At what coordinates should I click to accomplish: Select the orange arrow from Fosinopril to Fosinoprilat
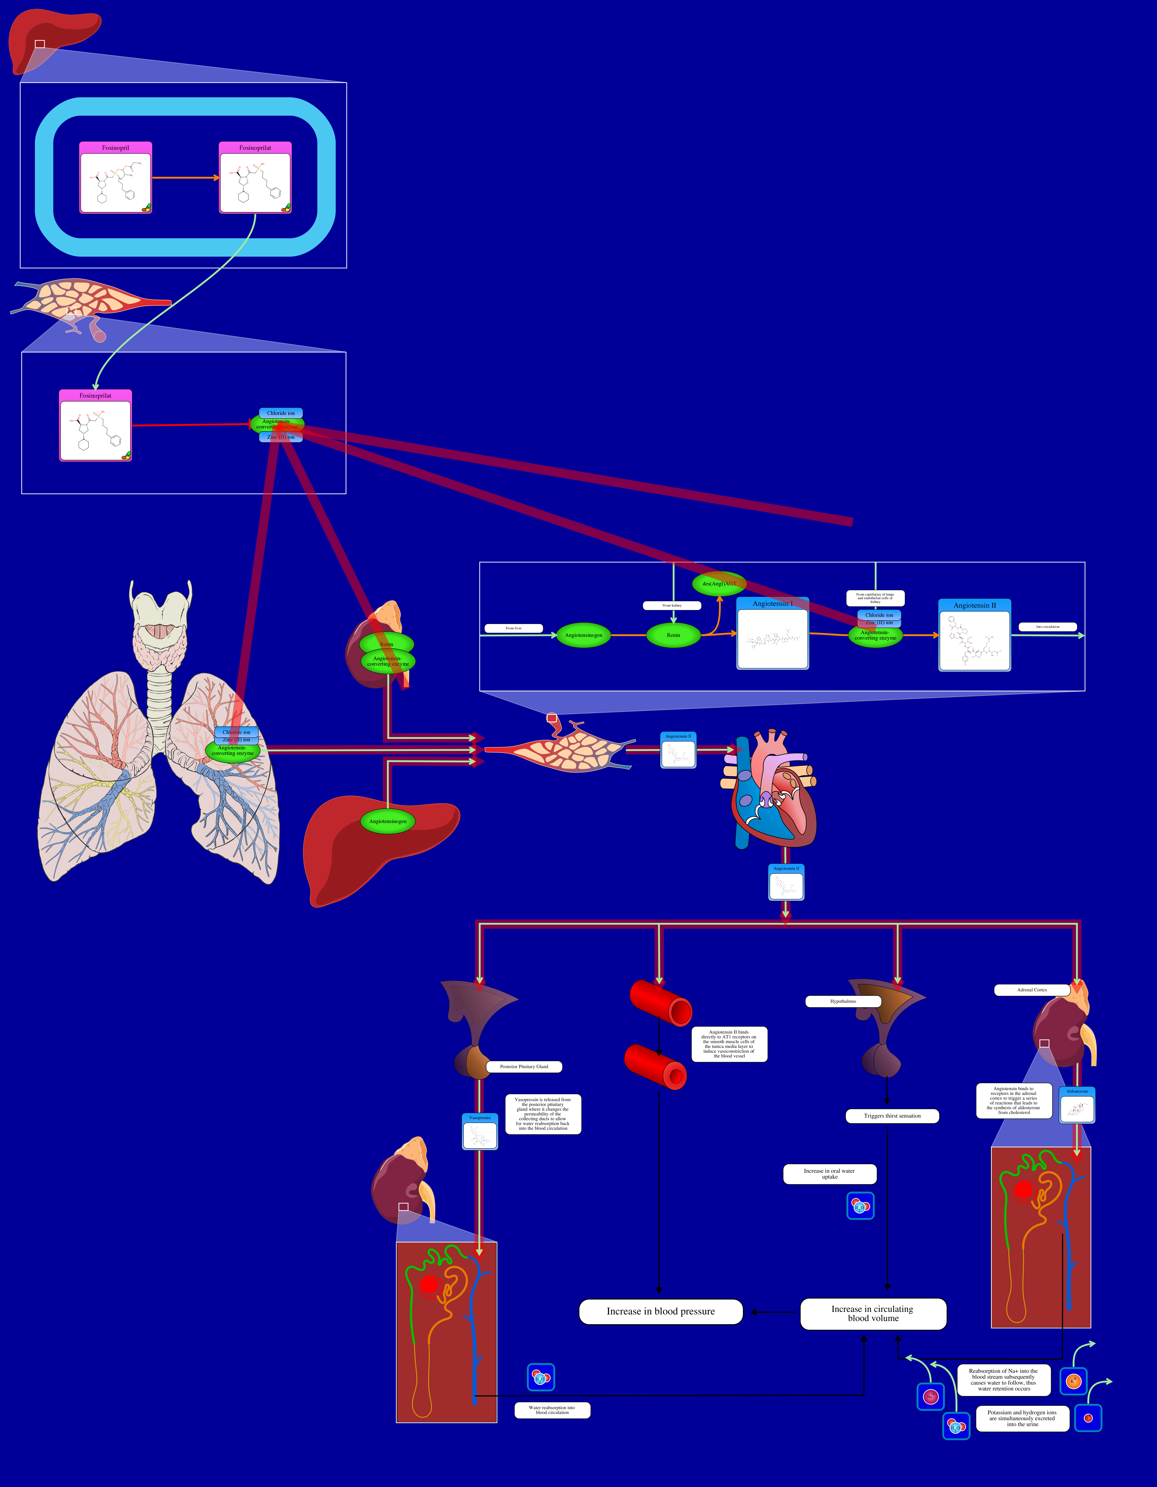click(x=185, y=178)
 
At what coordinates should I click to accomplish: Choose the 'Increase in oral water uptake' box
click(x=829, y=1174)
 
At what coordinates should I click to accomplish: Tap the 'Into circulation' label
click(x=1047, y=626)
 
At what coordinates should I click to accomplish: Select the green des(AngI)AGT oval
click(x=719, y=583)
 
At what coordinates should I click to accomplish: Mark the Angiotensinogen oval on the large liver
click(x=388, y=821)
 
